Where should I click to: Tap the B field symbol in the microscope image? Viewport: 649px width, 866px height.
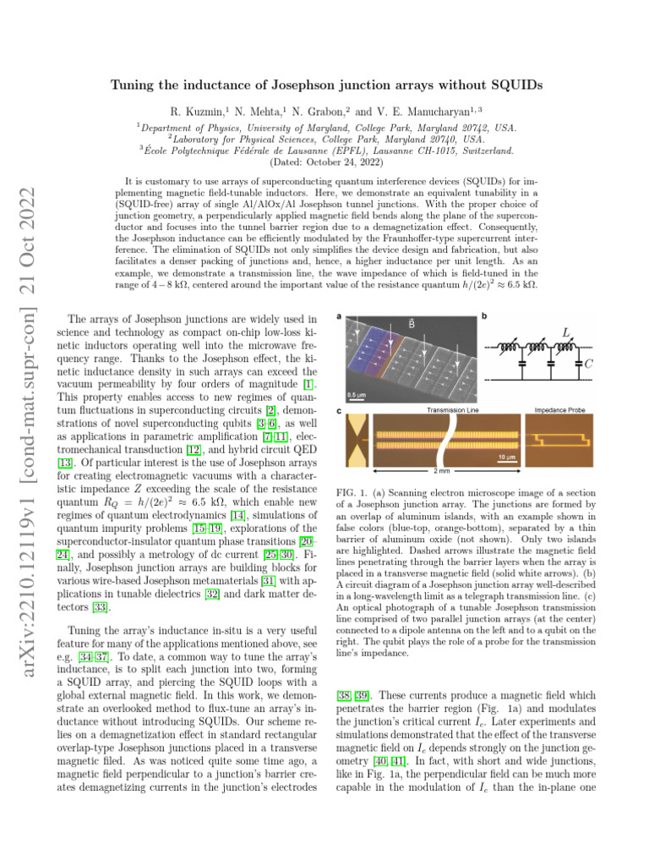(411, 322)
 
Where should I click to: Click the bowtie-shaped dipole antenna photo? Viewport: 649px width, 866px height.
(354, 439)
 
